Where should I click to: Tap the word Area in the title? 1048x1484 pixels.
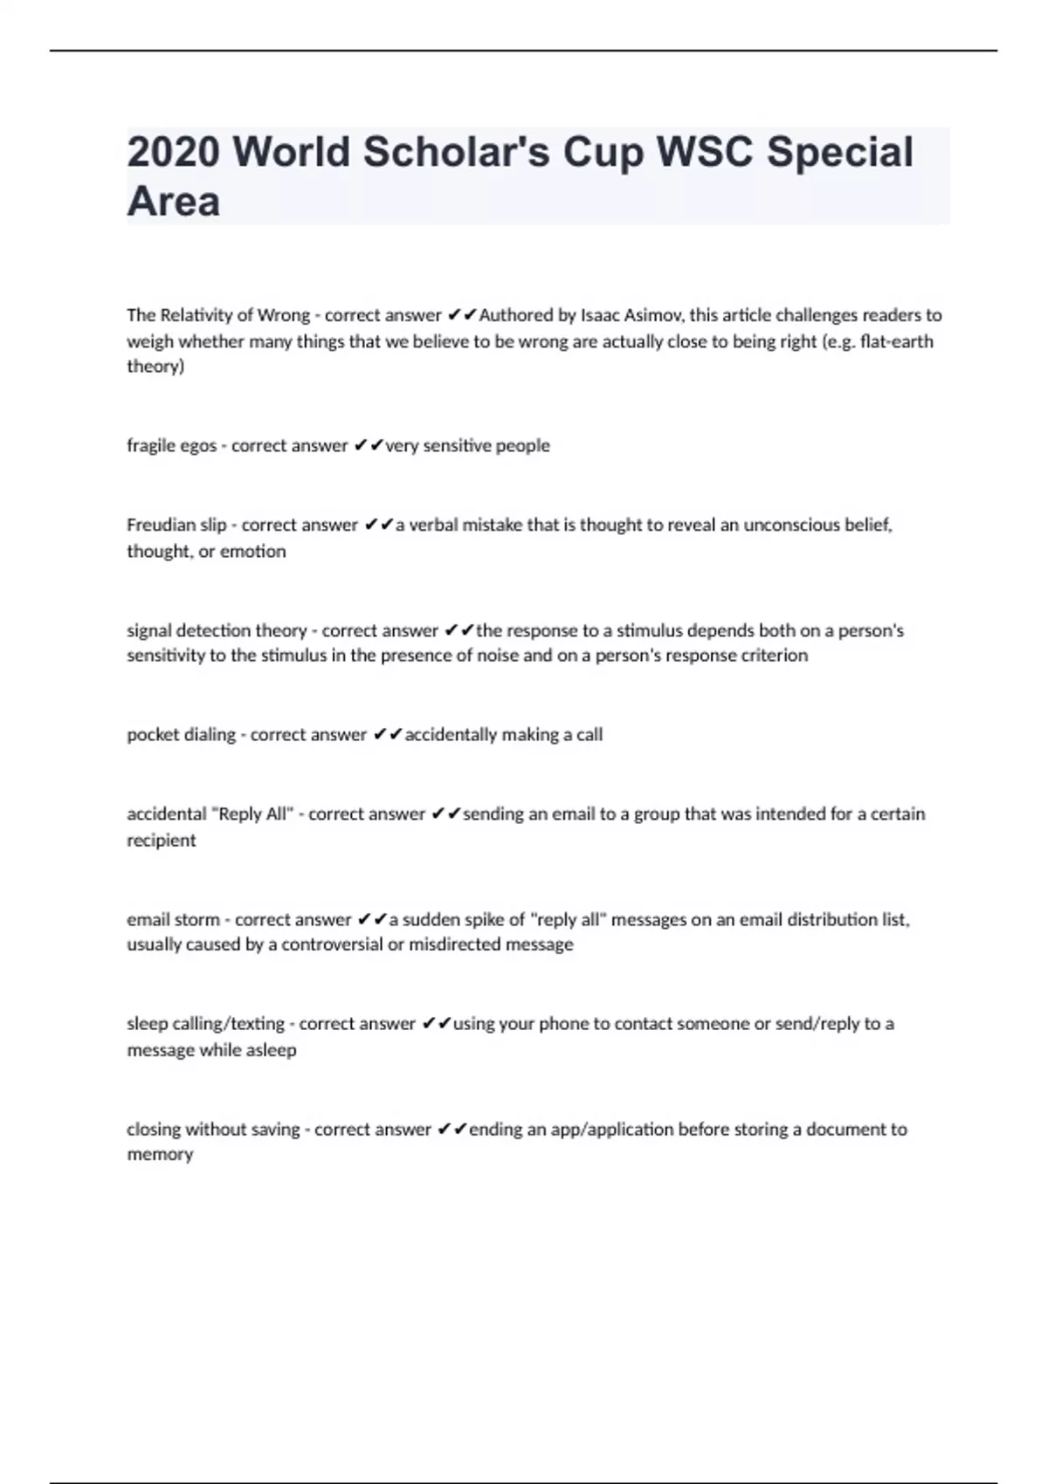pos(173,202)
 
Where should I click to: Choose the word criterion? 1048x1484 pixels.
pos(771,656)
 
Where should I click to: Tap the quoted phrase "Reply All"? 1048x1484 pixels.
pos(252,814)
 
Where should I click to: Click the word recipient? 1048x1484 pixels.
pos(162,841)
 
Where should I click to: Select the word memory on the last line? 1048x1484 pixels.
pos(160,1154)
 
